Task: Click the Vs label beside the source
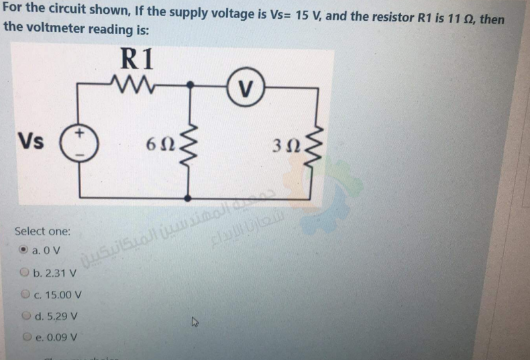(x=30, y=141)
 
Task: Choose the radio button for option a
(x=24, y=251)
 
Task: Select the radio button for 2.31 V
(x=25, y=273)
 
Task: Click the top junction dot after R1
(x=191, y=85)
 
